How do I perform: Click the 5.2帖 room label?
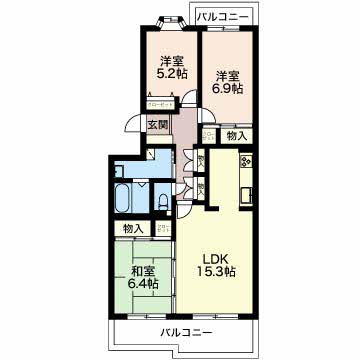(168, 66)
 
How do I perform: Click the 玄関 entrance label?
(157, 125)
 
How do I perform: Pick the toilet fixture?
(163, 202)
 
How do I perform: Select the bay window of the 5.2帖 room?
(168, 19)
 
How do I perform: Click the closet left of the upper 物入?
(206, 136)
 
